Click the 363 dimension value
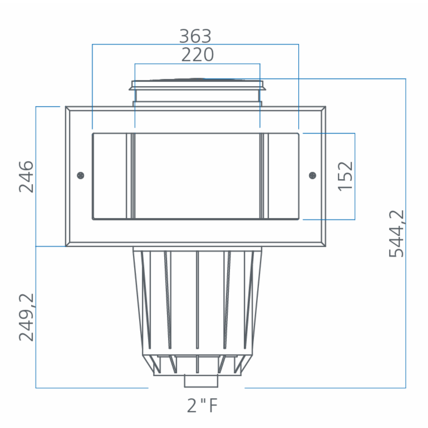click(x=195, y=36)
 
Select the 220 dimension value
click(x=198, y=55)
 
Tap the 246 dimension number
click(x=26, y=177)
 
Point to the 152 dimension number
click(x=345, y=176)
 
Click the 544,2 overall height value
click(x=397, y=233)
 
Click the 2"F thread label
click(x=202, y=406)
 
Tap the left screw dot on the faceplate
click(x=80, y=175)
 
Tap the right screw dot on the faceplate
click(x=312, y=175)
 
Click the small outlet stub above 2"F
click(x=201, y=381)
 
